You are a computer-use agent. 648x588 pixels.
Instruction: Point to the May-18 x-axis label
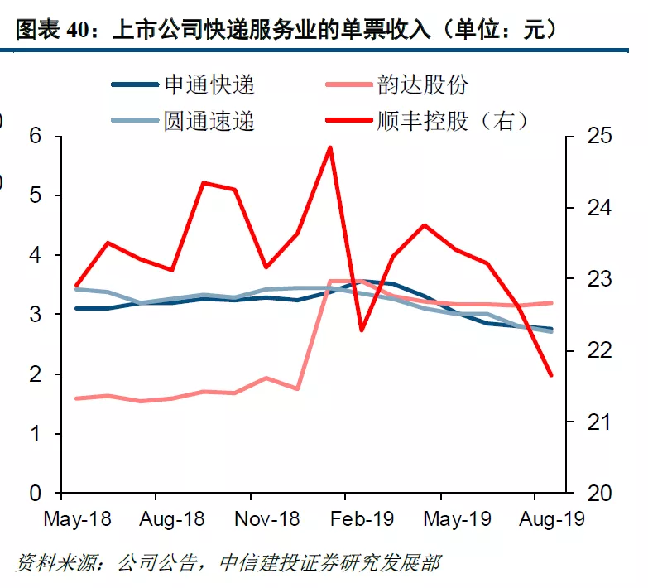pyautogui.click(x=76, y=519)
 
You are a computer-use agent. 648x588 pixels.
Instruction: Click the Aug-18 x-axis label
pyautogui.click(x=171, y=519)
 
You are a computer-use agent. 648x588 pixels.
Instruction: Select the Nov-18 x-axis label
pyautogui.click(x=266, y=519)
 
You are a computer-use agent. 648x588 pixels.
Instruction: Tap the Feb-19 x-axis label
pyautogui.click(x=362, y=519)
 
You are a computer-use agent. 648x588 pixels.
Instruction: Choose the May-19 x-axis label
pyautogui.click(x=457, y=519)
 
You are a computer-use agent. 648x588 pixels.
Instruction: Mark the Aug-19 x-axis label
pyautogui.click(x=551, y=519)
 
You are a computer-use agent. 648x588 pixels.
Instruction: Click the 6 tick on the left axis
pyautogui.click(x=35, y=137)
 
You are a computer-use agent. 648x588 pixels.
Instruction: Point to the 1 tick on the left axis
pyautogui.click(x=35, y=434)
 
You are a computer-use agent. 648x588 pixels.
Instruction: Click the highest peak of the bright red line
pyautogui.click(x=330, y=147)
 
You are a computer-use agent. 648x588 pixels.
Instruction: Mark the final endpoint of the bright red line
pyautogui.click(x=550, y=375)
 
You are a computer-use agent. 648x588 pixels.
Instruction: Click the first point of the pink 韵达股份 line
pyautogui.click(x=76, y=398)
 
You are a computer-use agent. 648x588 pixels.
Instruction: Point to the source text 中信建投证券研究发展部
pyautogui.click(x=330, y=565)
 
